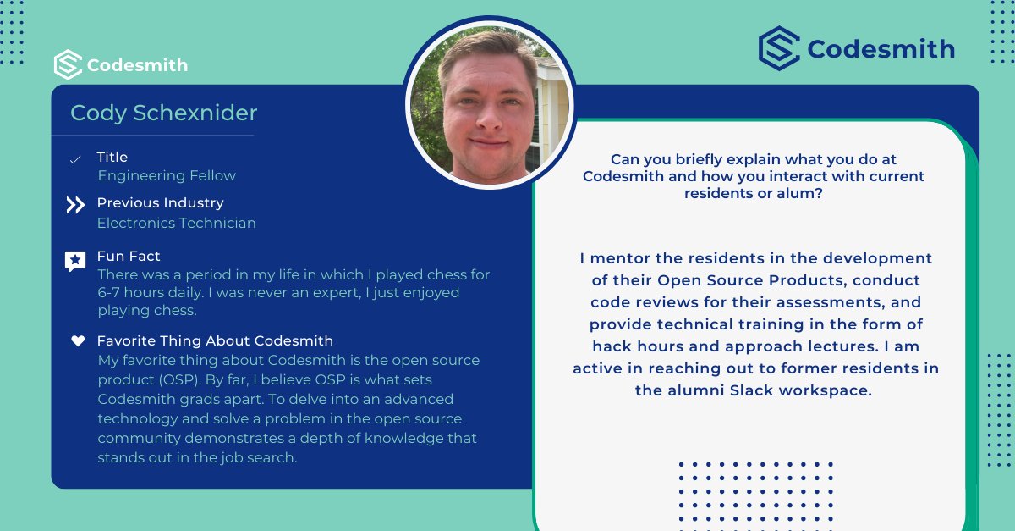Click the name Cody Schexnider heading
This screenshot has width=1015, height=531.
163,113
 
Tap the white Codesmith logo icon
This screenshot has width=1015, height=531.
68,65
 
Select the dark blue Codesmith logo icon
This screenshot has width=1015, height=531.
779,48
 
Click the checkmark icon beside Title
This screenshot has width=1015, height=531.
75,159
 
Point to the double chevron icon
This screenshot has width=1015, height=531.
75,205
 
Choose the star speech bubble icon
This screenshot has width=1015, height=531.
75,261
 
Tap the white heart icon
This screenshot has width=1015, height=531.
78,341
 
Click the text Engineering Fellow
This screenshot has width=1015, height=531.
167,176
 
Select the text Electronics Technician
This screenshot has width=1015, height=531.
176,224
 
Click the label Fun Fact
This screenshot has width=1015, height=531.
129,256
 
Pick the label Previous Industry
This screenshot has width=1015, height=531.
160,203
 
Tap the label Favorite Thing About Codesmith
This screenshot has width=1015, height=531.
215,340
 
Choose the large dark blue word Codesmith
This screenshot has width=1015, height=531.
881,49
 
